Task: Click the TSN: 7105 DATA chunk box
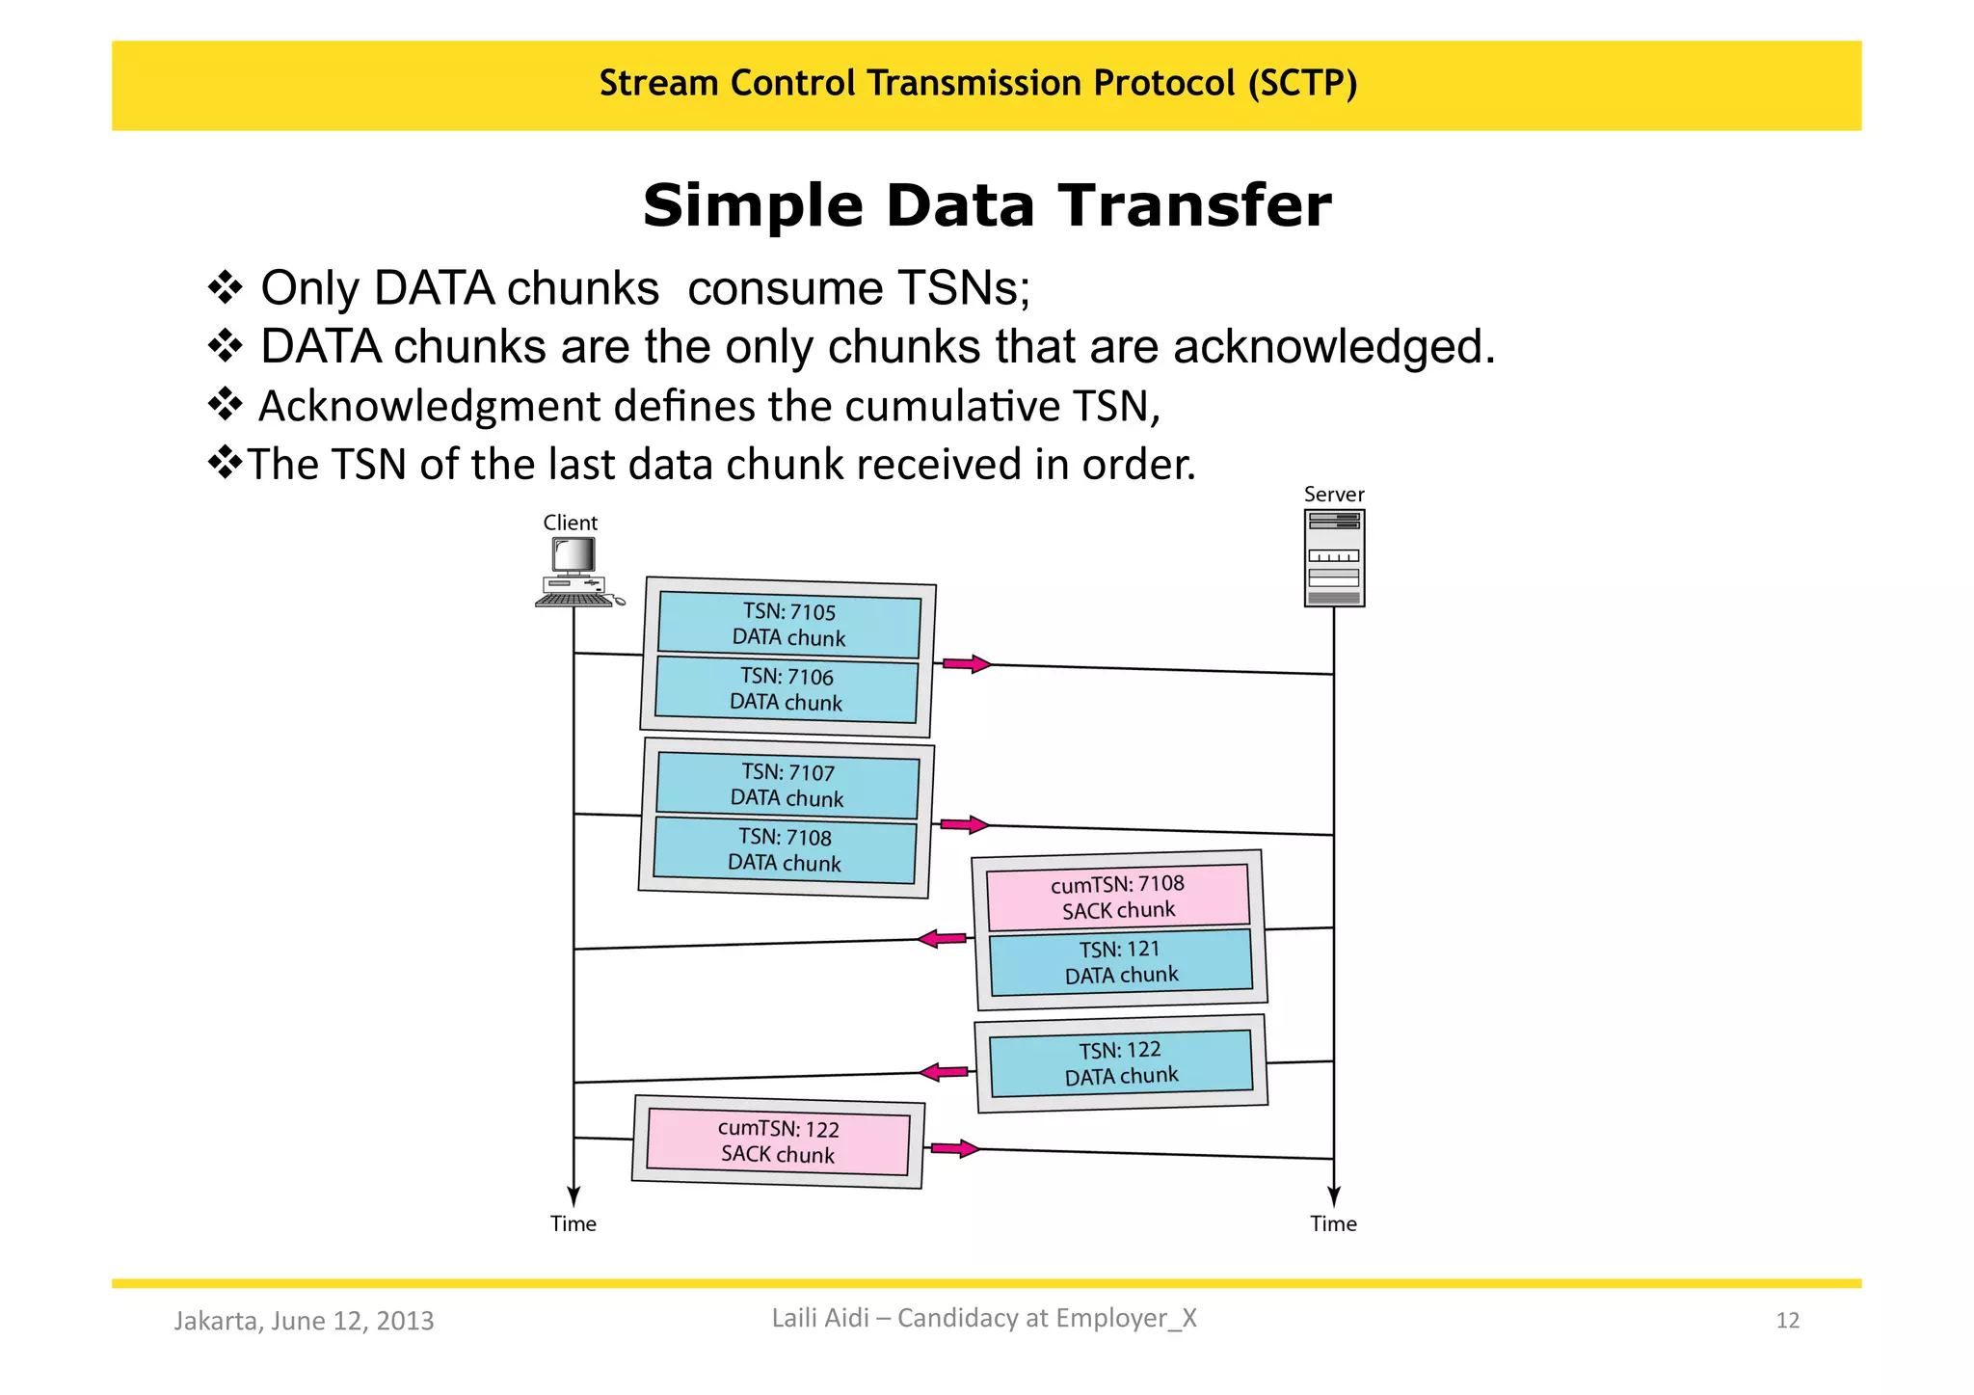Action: [788, 625]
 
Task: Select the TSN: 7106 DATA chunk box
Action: [787, 689]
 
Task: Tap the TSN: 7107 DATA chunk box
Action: [787, 786]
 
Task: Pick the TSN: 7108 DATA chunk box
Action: [785, 850]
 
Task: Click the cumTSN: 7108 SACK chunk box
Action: [1118, 897]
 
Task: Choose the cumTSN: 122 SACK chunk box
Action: [778, 1142]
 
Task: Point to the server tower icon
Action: [1334, 557]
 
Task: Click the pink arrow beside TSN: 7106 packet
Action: [966, 664]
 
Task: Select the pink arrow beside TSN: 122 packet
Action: [944, 1071]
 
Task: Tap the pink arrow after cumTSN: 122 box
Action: [954, 1148]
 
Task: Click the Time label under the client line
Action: [574, 1224]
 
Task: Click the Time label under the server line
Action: [1333, 1224]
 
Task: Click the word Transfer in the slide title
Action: [1194, 205]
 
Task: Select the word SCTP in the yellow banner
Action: [1301, 83]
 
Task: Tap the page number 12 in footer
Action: [1787, 1321]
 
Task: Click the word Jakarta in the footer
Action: [216, 1321]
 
